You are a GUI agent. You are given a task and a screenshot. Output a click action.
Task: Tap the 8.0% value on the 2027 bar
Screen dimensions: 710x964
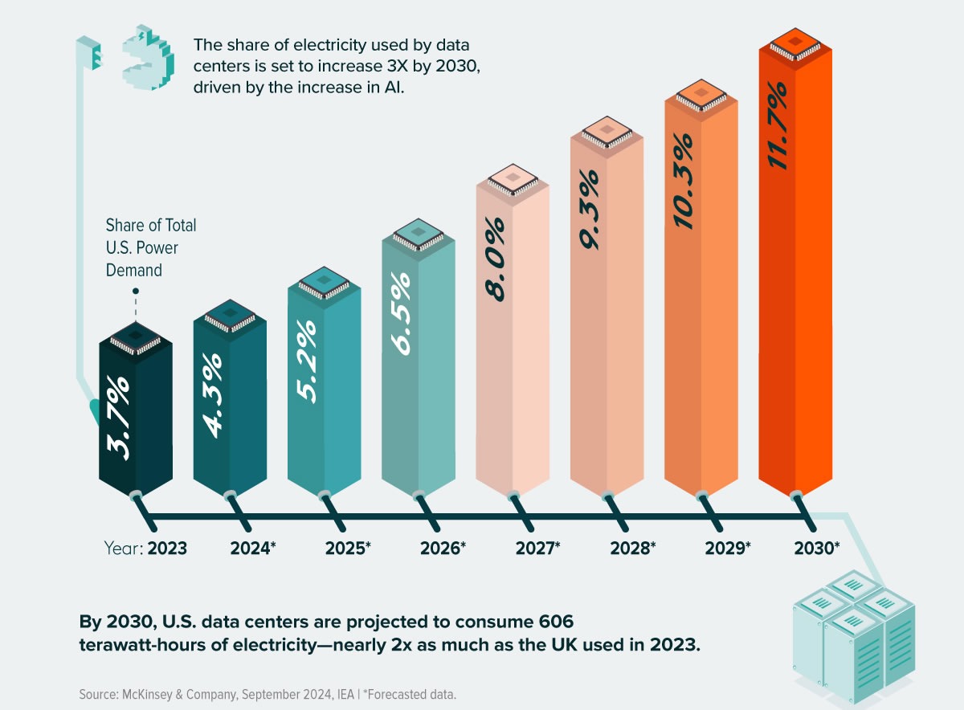[x=494, y=257]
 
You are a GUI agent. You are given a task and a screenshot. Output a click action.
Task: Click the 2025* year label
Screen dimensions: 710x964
[x=348, y=549]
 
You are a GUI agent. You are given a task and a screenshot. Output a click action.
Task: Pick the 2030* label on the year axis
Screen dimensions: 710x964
[x=816, y=549]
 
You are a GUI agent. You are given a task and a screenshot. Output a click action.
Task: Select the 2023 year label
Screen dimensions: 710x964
[x=167, y=549]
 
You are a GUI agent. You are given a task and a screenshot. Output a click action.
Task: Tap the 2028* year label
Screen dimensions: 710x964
[x=632, y=549]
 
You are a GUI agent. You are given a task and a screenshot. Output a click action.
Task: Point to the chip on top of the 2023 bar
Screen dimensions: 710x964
[x=135, y=337]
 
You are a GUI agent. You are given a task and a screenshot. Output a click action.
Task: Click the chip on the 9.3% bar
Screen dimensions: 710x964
[x=607, y=131]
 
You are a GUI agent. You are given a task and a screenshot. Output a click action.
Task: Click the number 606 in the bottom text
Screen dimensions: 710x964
[x=555, y=622]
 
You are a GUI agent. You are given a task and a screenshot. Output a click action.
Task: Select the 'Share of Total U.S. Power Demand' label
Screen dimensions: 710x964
[x=151, y=247]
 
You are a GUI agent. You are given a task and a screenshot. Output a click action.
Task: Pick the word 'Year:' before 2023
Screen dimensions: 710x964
[x=123, y=549]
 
